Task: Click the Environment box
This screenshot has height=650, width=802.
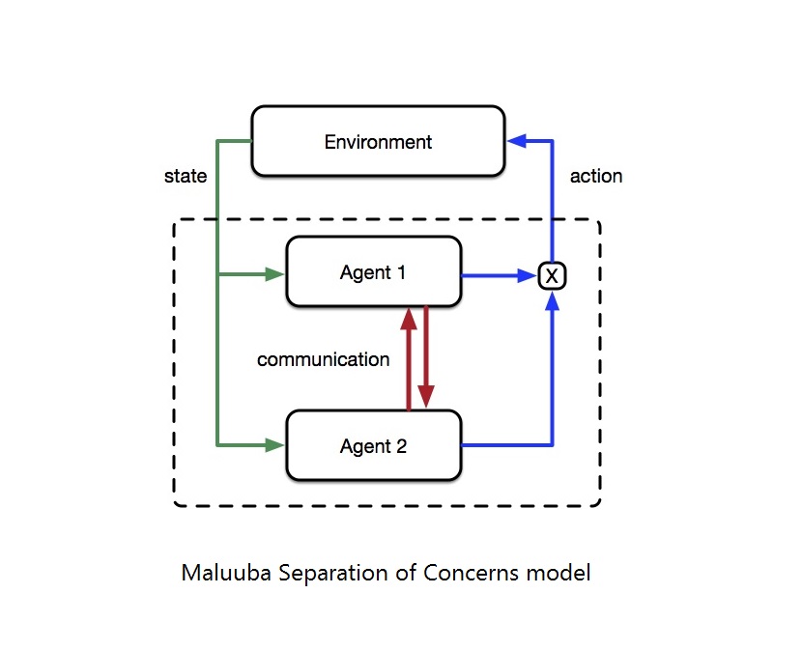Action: point(378,142)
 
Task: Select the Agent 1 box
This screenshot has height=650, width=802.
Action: point(372,272)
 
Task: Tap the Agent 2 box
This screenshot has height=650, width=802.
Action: point(372,445)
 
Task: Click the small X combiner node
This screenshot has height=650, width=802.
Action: point(552,276)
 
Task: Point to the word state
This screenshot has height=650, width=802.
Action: point(186,176)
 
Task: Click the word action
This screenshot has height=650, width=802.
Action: point(596,176)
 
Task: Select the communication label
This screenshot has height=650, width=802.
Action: point(323,359)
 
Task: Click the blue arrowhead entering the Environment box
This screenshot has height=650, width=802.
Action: point(516,142)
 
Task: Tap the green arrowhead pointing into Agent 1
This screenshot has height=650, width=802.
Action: point(274,274)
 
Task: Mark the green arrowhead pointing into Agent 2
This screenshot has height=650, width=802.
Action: point(274,445)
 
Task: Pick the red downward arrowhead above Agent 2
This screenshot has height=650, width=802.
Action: point(426,397)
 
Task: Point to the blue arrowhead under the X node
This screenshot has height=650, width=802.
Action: point(552,300)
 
